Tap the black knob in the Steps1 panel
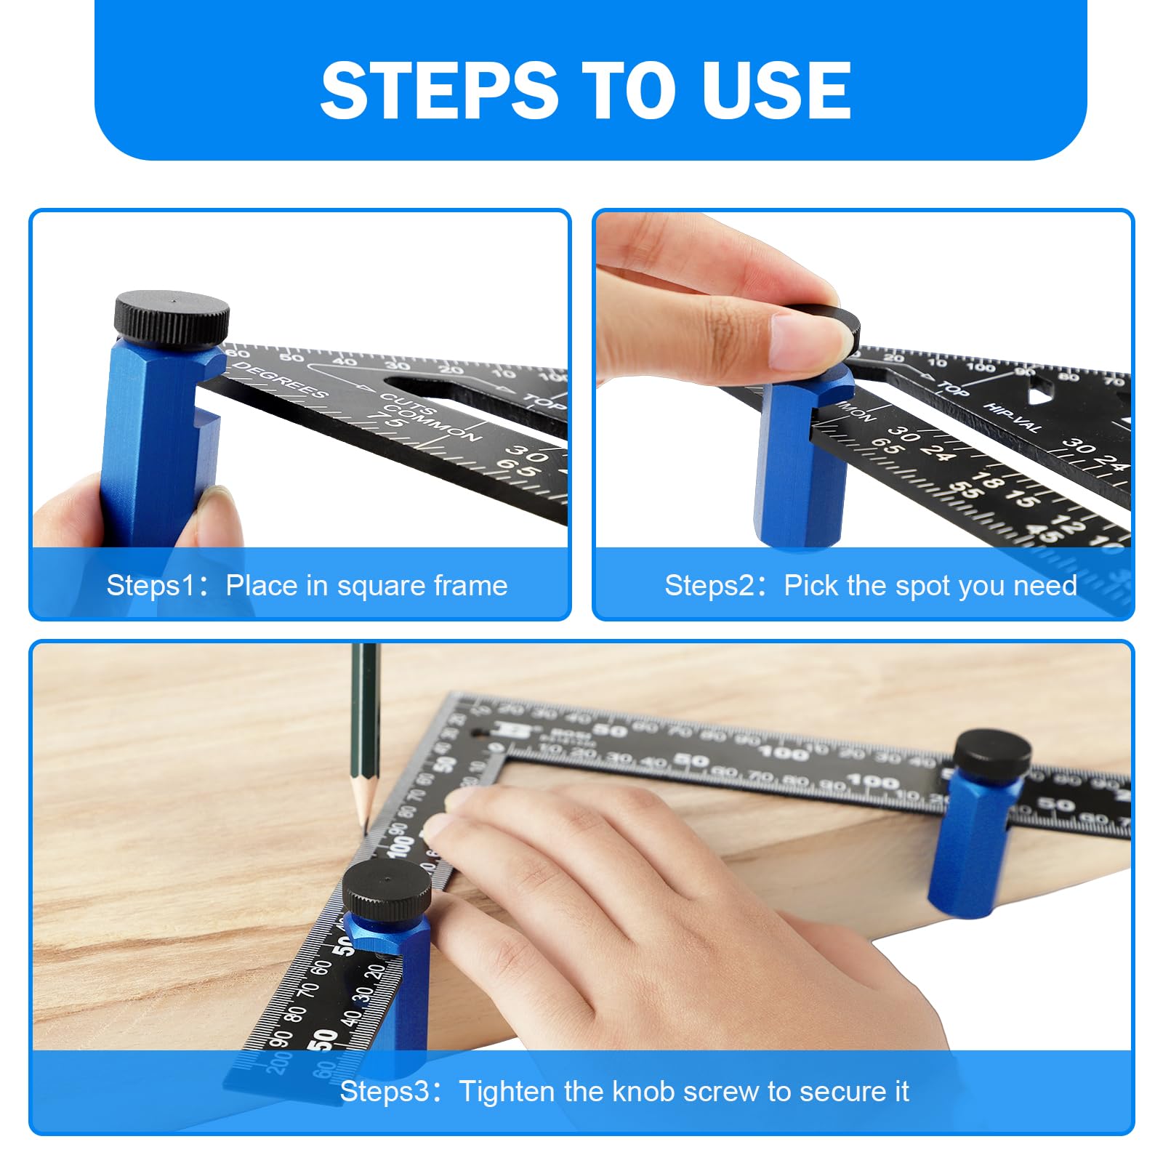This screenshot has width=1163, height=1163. coord(172,317)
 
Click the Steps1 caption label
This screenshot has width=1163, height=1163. coord(307,585)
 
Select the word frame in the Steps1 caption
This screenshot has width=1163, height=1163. coord(470,585)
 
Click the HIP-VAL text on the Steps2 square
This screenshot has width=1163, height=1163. coord(1013,416)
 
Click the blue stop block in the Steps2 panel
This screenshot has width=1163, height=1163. coord(800,472)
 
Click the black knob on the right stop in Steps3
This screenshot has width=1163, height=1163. coord(991,752)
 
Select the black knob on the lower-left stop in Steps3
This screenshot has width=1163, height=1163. coord(386,890)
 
